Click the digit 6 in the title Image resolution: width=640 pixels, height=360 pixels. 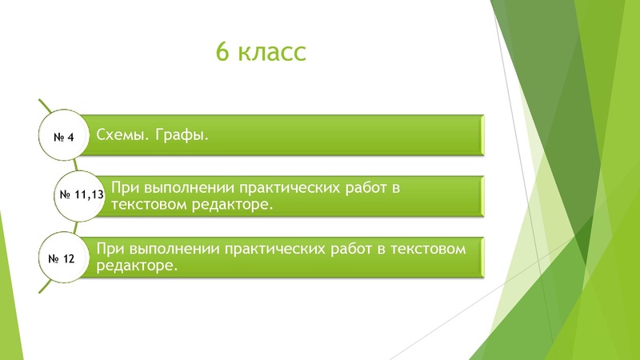[223, 52]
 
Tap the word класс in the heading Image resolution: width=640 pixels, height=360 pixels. [272, 52]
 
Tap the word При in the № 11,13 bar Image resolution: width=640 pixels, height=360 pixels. [125, 188]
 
